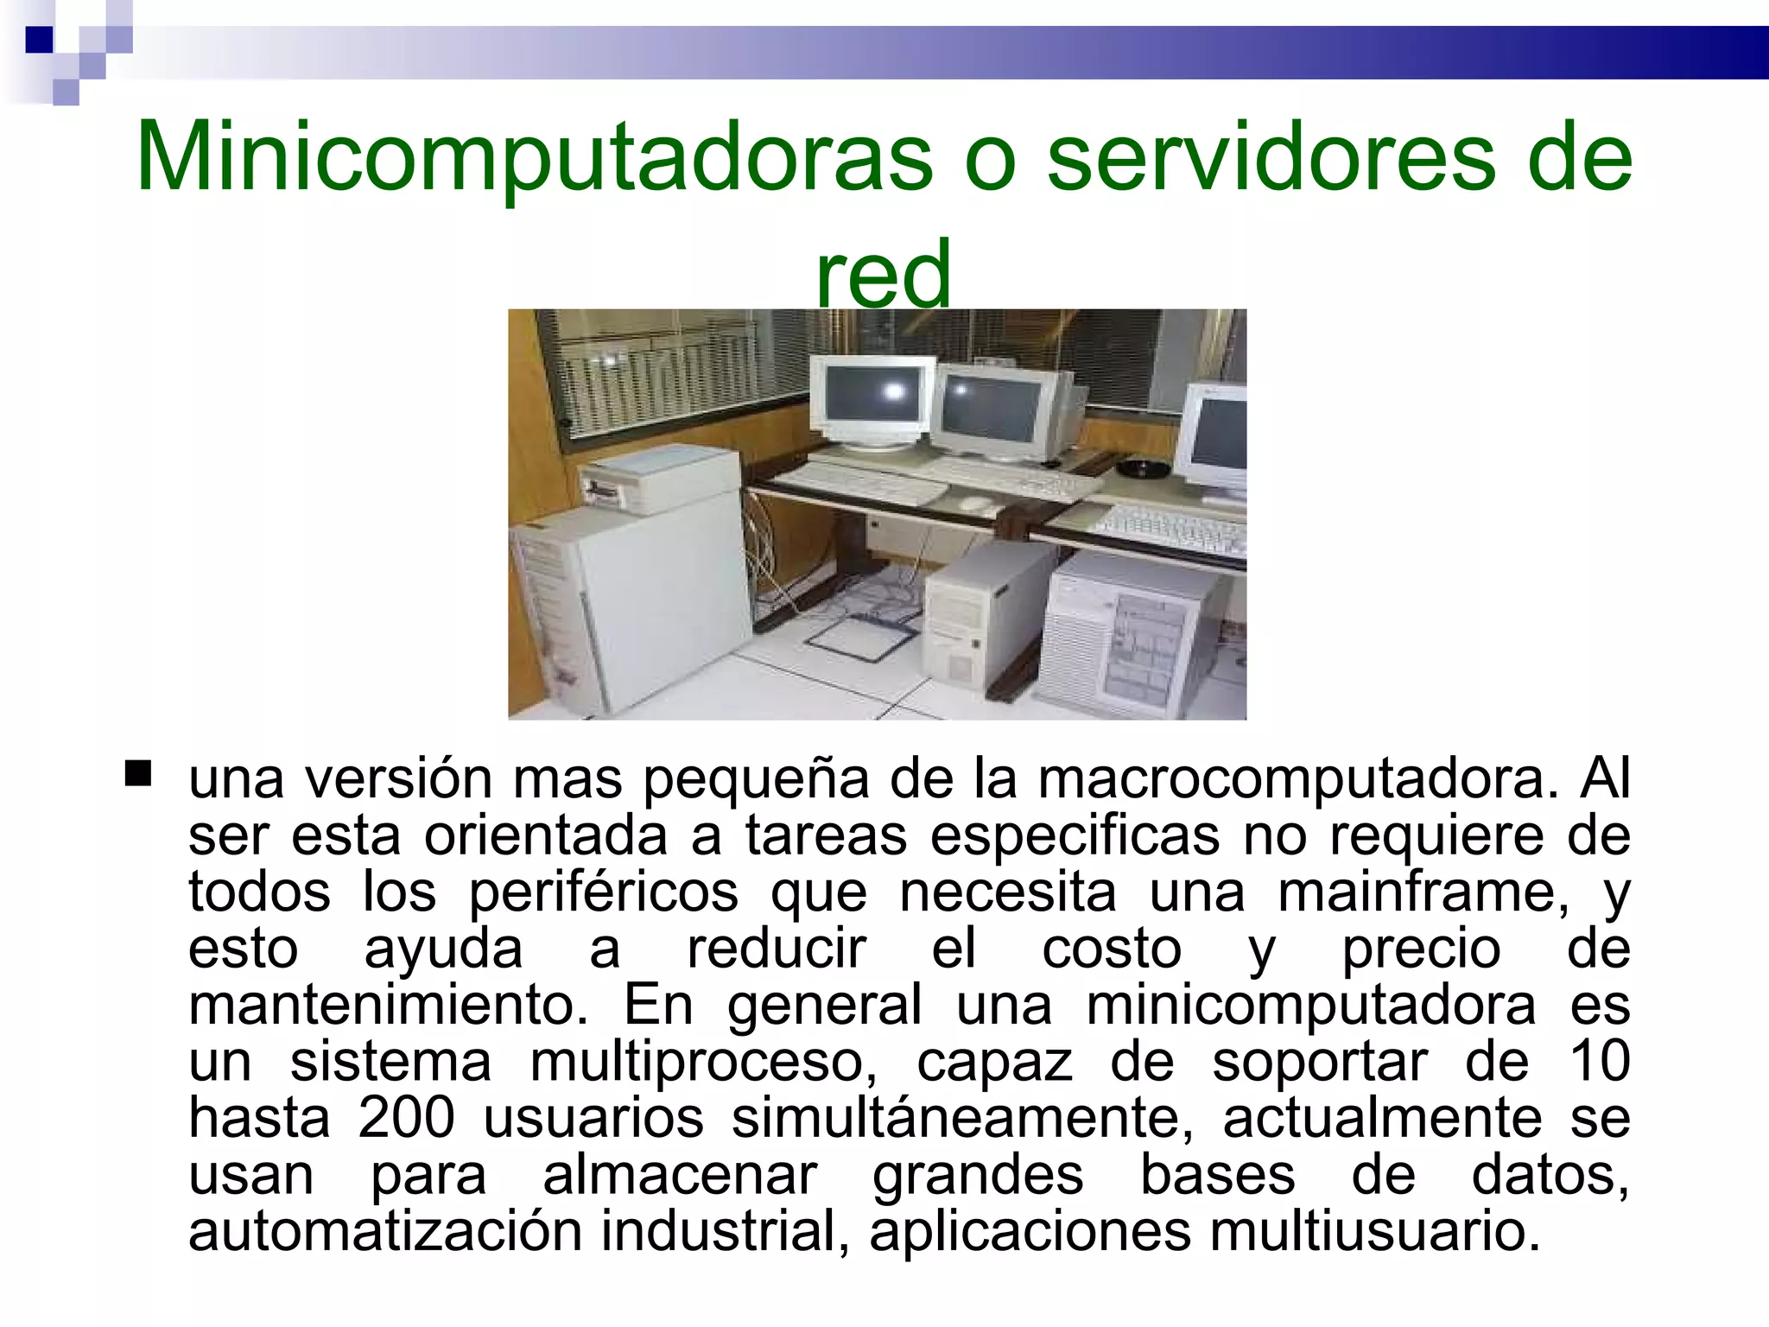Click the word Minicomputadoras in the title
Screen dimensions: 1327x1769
tap(534, 157)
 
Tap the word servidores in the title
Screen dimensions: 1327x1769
tap(1270, 157)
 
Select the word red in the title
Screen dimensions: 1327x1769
tap(883, 273)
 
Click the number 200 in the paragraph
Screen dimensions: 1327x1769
tap(406, 1118)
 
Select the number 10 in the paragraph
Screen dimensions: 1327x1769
tap(1599, 1061)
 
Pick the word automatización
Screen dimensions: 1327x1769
tap(385, 1231)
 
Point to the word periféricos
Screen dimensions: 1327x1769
tap(603, 892)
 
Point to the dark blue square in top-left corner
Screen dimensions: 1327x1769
tap(39, 40)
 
